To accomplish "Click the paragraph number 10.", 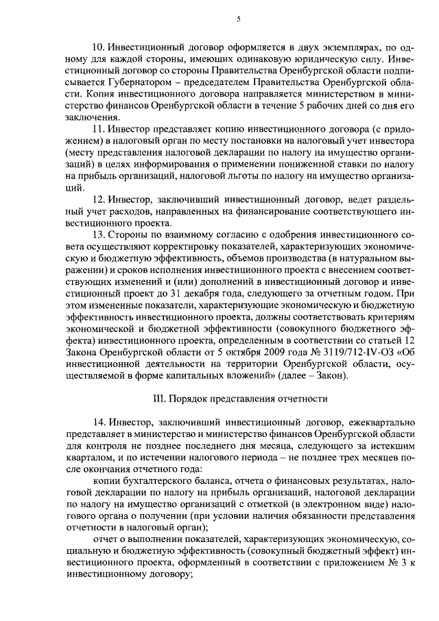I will [x=96, y=46].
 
